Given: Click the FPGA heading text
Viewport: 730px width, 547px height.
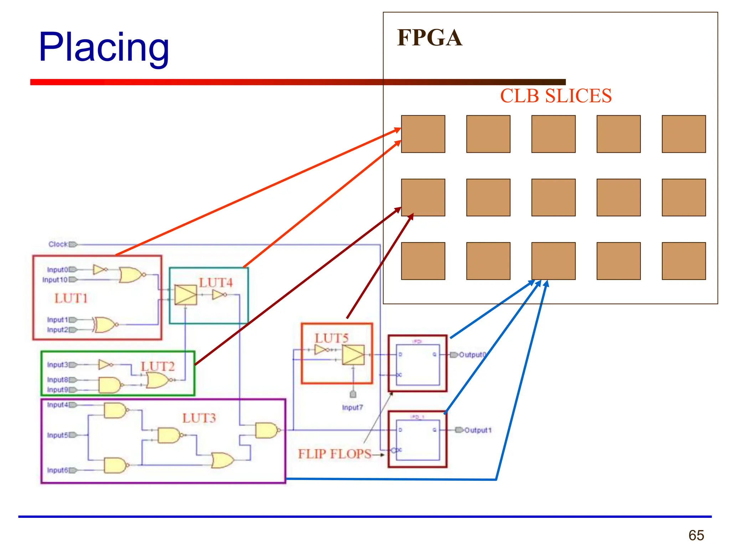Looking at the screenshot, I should (429, 38).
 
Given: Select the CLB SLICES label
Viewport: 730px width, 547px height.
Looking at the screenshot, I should (555, 96).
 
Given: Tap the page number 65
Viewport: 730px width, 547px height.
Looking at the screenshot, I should (696, 535).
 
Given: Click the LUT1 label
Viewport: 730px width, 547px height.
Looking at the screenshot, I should (71, 298).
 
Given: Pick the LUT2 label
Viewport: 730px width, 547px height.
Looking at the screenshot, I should (158, 366).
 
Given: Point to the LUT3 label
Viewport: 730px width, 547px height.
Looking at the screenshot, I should (199, 418).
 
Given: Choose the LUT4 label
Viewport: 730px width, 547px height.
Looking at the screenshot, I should (216, 283).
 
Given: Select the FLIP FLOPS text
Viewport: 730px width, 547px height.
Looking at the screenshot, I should (334, 454).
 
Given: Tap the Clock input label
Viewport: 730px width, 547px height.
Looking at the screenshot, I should (58, 244).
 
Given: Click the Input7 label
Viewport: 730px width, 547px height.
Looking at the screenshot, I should (352, 407).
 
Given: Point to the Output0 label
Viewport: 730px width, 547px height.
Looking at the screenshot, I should (472, 355).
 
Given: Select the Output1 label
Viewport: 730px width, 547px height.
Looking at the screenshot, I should (478, 430).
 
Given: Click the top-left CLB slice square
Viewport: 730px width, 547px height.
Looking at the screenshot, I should (423, 134).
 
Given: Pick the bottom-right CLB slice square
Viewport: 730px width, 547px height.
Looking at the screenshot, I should (683, 261).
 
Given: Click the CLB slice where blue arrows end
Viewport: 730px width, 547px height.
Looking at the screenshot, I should (553, 261).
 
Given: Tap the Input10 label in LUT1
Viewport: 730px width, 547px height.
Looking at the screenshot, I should (55, 280).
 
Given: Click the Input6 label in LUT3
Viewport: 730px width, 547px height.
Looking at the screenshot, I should (57, 470).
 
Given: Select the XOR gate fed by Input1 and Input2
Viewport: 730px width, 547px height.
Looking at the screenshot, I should (105, 324).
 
